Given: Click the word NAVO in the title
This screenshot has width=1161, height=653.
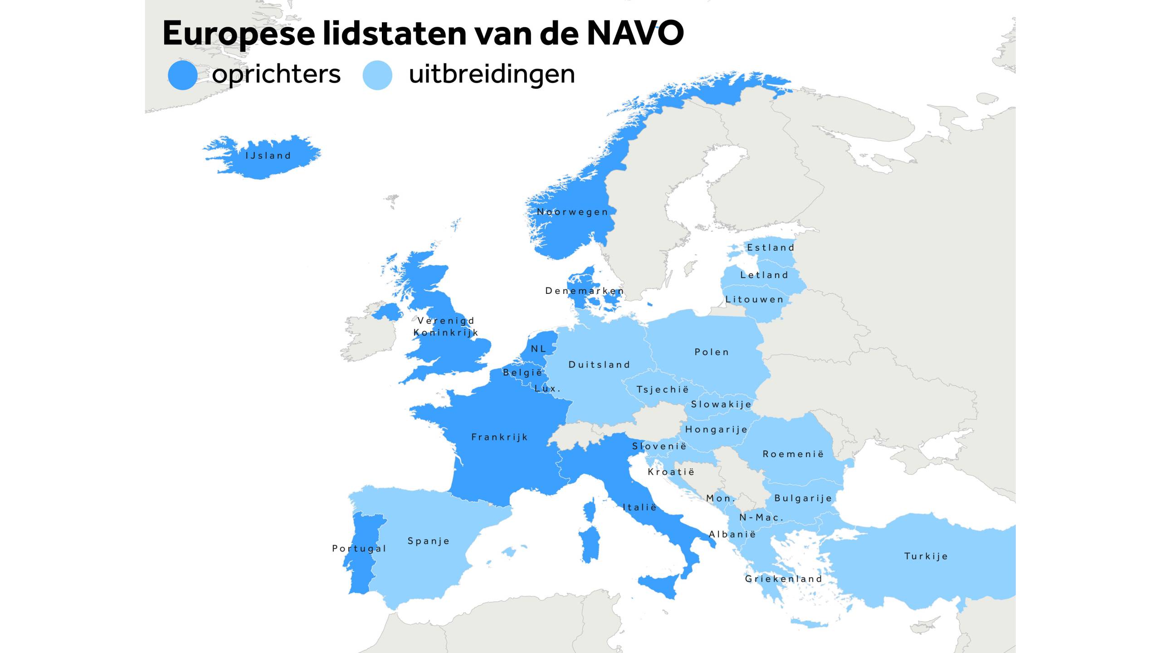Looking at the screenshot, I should coord(635,33).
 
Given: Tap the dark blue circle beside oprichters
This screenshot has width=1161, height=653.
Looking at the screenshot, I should coord(182,75).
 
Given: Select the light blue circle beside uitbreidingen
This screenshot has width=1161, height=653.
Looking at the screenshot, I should coord(377,75).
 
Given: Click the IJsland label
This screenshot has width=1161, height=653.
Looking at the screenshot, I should coord(268,156).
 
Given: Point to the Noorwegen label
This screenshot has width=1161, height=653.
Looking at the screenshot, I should coord(572,212).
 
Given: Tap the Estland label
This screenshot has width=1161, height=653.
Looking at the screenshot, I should coord(771,248).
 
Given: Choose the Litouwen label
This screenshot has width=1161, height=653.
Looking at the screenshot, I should coord(754,299).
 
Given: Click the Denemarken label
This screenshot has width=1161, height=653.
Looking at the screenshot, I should coord(585,291).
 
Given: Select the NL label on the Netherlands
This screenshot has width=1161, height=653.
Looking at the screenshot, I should coord(538,349).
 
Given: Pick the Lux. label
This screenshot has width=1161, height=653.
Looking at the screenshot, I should coord(547,389).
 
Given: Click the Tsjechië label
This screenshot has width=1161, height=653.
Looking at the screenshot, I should coord(663,390).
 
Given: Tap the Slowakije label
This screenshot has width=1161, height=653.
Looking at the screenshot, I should coord(721,404).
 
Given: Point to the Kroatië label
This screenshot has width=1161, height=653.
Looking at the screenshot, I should coord(671,472).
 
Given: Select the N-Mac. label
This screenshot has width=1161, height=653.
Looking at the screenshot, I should coord(761,517).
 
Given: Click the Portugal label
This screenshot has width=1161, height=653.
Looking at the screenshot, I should coord(359,549).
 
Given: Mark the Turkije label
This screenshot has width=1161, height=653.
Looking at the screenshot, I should coord(926,556).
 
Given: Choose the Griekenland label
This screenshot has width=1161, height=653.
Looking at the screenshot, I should coord(783,579).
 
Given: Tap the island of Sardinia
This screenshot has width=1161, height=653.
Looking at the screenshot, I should coord(590,544).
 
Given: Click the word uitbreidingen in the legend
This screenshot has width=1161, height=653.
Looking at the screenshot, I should coord(492,74).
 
